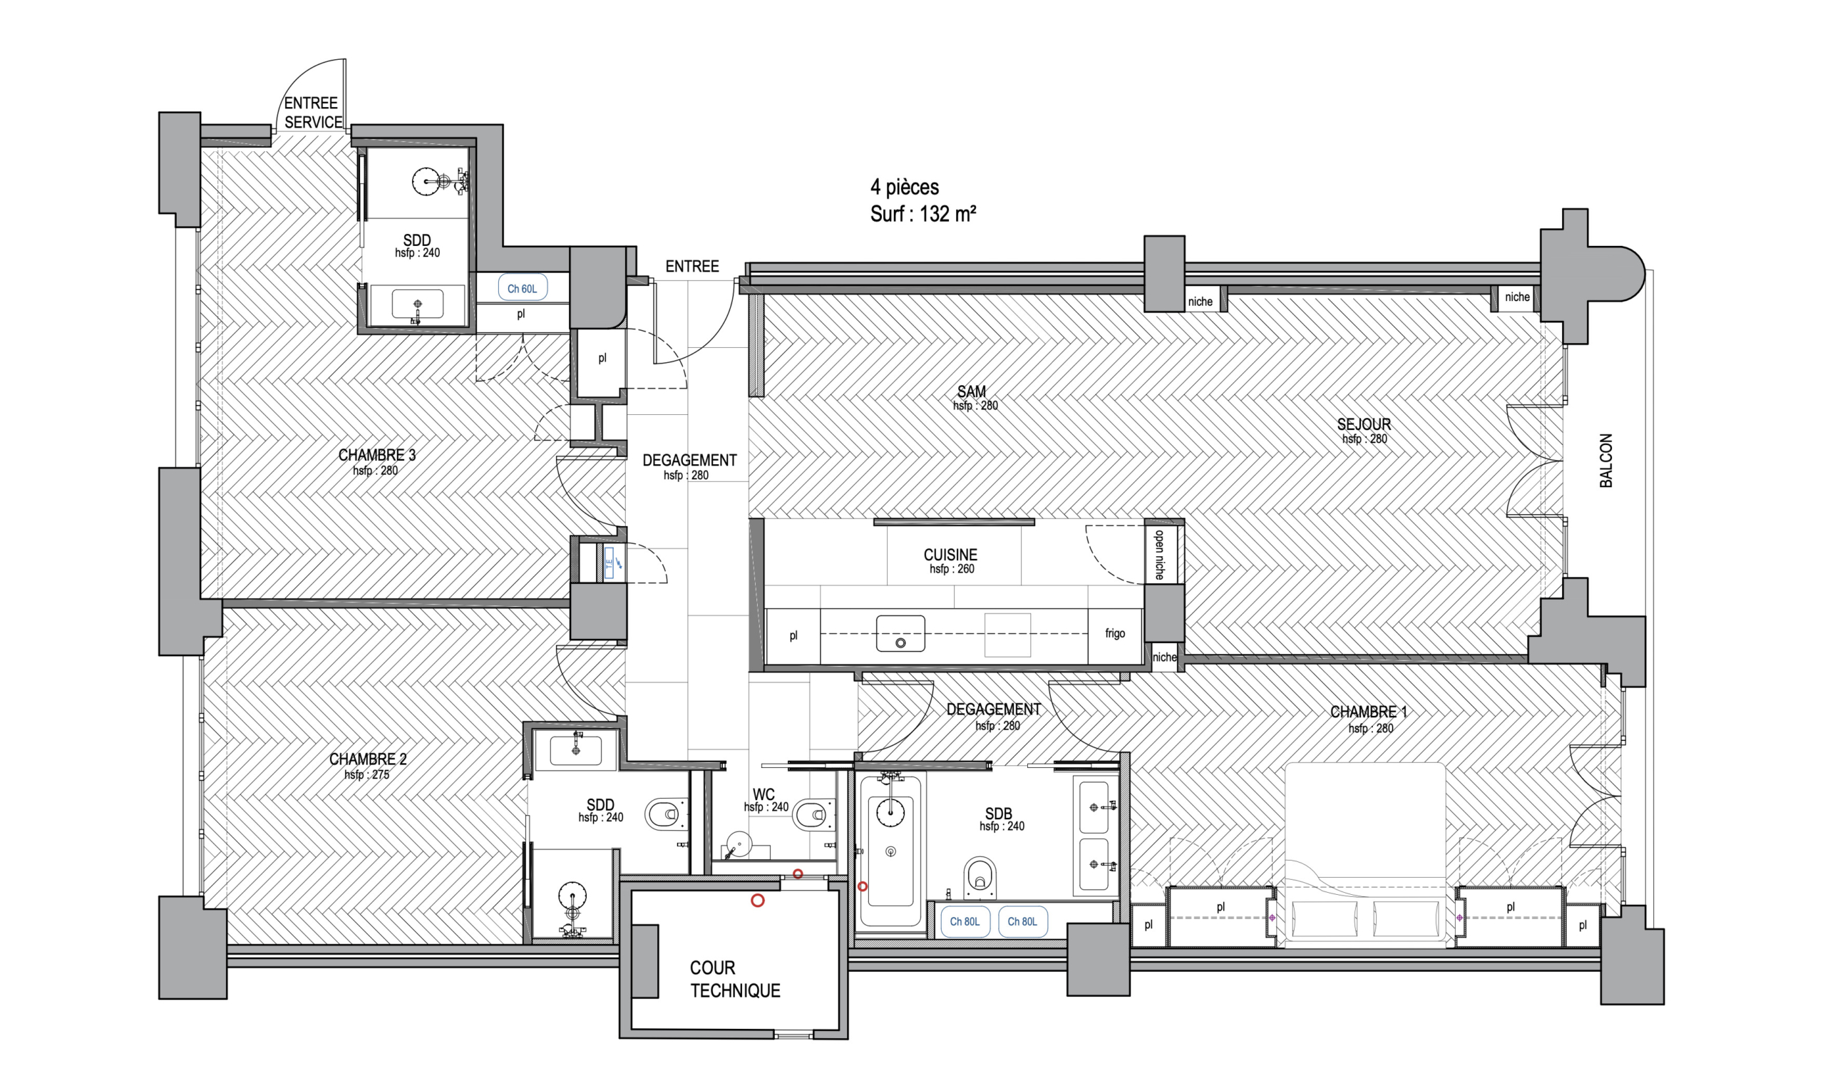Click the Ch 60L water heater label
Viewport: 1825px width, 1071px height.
(x=522, y=288)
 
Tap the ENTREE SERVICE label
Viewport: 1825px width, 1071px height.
(x=313, y=112)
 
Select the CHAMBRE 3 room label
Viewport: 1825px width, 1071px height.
(x=376, y=455)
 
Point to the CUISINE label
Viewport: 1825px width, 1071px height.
(x=950, y=555)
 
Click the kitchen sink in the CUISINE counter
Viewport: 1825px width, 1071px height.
(x=900, y=634)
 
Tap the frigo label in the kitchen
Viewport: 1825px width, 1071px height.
(x=1114, y=633)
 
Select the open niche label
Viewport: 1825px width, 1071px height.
(x=1159, y=555)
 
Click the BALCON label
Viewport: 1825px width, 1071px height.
(x=1605, y=461)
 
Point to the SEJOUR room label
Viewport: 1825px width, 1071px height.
(x=1364, y=424)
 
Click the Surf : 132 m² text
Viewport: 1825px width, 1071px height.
(x=922, y=215)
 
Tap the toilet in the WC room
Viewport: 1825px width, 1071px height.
(x=813, y=816)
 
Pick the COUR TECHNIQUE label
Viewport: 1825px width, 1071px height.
(x=734, y=979)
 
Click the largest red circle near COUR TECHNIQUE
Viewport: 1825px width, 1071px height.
(x=758, y=901)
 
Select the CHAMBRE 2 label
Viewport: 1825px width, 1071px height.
(x=368, y=759)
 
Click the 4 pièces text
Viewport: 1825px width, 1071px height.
(x=905, y=187)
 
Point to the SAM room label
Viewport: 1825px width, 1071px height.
(x=971, y=391)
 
